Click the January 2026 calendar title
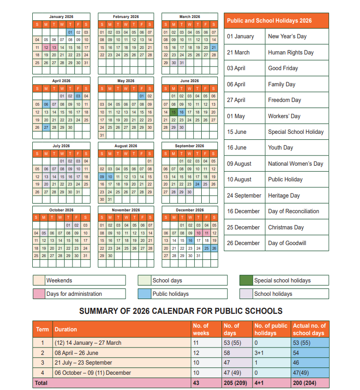[61, 17]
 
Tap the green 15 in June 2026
[174, 112]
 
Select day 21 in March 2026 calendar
[213, 47]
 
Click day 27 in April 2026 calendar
[46, 127]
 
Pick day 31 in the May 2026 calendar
[102, 135]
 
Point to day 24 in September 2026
[198, 184]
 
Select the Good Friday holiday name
[283, 68]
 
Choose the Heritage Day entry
[284, 196]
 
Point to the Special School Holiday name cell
[296, 132]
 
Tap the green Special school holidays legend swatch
[246, 281]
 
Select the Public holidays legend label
[170, 294]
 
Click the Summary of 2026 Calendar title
[180, 311]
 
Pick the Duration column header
[66, 330]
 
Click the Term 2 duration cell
[77, 353]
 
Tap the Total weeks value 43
[197, 383]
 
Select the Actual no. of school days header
[309, 329]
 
